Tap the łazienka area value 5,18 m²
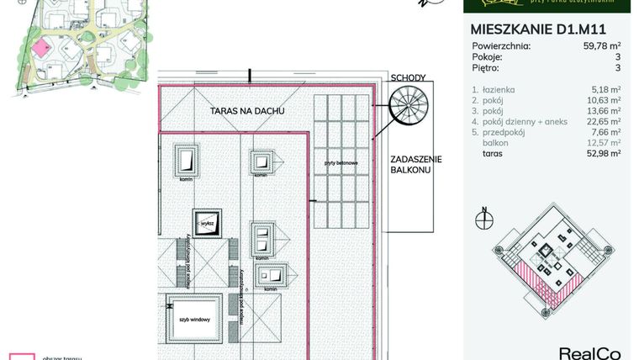605,88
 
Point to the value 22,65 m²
603,121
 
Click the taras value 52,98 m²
603,154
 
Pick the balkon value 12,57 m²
603,143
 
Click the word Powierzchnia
501,46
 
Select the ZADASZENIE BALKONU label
410,164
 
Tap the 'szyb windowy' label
193,320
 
